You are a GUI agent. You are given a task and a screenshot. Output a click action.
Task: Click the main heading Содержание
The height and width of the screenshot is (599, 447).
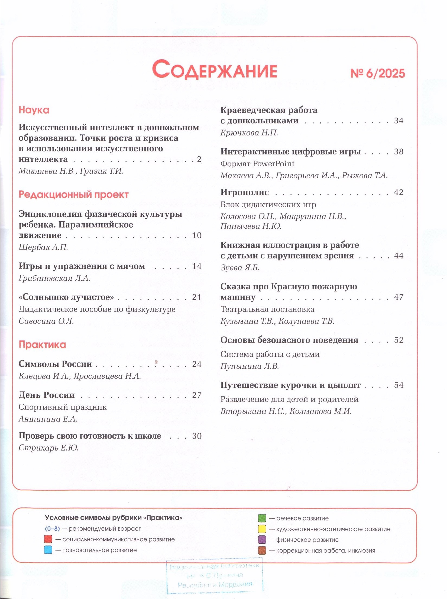tap(215, 70)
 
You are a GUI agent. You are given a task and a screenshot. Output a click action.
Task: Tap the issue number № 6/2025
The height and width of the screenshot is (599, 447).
tap(377, 73)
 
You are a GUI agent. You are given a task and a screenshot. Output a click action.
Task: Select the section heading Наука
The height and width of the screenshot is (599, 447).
tap(34, 110)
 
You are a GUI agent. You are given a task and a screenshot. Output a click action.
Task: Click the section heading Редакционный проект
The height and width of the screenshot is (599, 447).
tap(73, 195)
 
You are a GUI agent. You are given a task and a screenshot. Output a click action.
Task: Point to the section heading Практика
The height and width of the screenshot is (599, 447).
tap(42, 345)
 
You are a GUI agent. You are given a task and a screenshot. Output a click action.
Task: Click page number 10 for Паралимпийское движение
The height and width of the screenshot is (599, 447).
tap(197, 235)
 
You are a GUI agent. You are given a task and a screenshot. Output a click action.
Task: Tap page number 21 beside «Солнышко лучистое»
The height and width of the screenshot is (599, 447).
tap(197, 297)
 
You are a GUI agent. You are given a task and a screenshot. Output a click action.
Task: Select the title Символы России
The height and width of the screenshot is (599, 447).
tap(55, 364)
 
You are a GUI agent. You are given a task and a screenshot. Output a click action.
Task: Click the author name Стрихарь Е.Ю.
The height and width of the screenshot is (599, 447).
tap(48, 448)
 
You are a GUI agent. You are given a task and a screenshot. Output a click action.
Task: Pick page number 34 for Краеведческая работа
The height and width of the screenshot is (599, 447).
tap(399, 121)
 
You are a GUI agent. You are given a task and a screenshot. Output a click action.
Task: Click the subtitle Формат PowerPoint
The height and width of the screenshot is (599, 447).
tap(257, 164)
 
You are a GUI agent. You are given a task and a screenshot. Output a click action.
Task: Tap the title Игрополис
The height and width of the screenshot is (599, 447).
tap(245, 192)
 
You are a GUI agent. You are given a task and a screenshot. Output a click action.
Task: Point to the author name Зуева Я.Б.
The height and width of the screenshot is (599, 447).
tap(240, 268)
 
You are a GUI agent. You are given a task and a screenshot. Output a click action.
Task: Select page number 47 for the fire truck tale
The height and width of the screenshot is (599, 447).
tap(399, 297)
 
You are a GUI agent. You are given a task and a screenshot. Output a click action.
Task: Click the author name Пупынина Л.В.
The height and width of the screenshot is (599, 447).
tap(250, 366)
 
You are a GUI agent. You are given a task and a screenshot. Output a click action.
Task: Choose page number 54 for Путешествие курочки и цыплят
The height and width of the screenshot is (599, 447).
tap(399, 385)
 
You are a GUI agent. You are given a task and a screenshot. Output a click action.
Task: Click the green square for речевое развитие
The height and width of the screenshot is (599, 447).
tap(262, 518)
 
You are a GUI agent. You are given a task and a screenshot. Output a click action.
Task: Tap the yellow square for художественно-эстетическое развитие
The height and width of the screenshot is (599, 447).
tap(262, 529)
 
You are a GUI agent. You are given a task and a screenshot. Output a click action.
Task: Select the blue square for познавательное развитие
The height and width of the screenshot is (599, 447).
tap(48, 550)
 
